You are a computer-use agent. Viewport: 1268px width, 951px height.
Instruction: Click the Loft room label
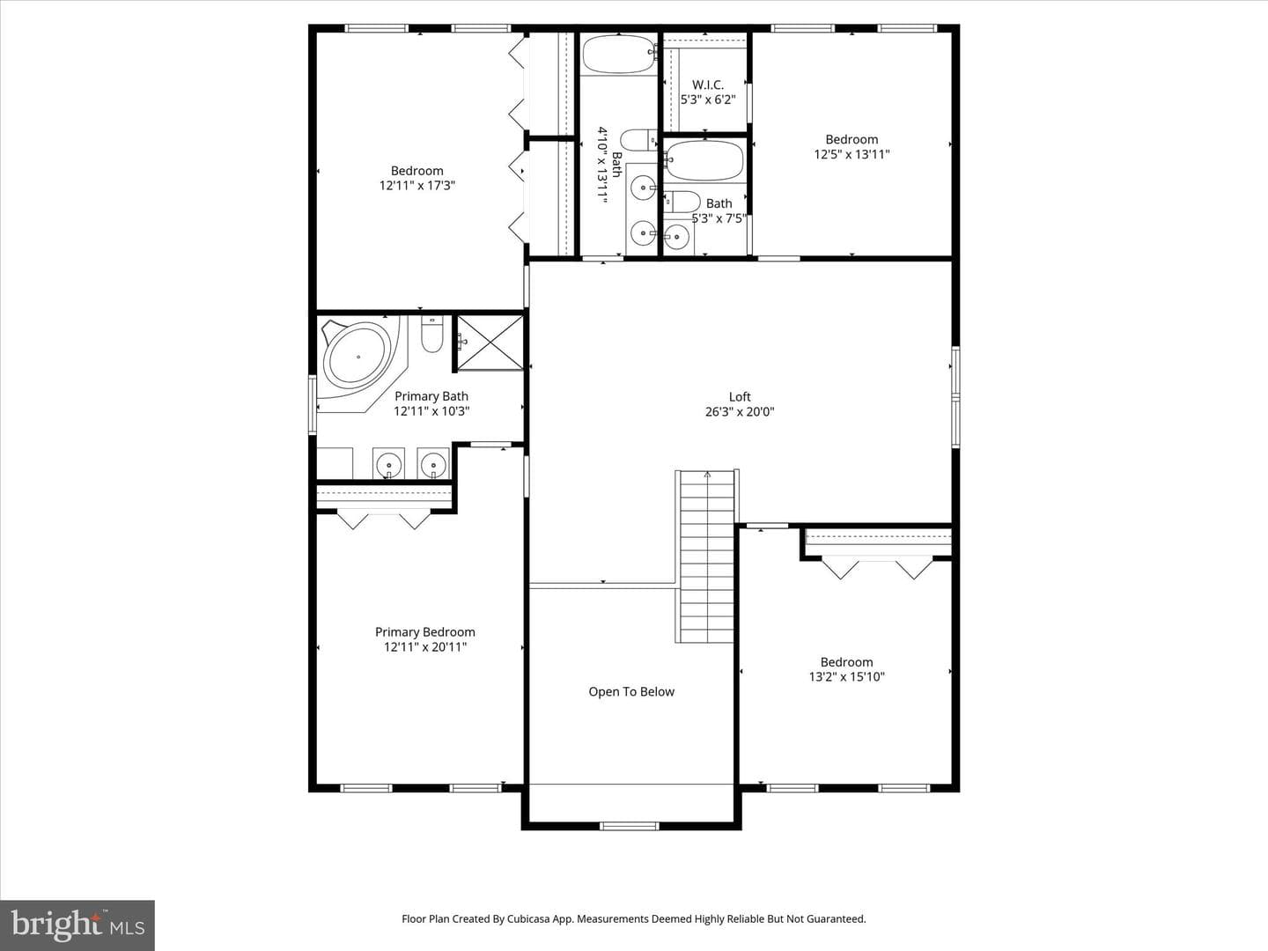(740, 396)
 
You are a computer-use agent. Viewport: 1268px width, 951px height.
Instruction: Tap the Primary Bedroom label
(425, 632)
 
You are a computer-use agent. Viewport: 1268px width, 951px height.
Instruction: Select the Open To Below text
(631, 692)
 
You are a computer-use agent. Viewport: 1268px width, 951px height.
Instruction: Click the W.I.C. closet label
(708, 85)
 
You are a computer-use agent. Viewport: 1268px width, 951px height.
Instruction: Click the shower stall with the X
(490, 343)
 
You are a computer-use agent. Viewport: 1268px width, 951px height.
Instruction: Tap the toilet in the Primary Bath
(431, 334)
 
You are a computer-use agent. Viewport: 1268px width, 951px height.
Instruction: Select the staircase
(707, 556)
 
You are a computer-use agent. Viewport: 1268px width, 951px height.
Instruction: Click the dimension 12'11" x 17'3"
(417, 185)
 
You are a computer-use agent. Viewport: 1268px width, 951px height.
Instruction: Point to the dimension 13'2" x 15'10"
(847, 677)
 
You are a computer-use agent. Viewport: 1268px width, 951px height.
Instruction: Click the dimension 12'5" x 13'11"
(852, 154)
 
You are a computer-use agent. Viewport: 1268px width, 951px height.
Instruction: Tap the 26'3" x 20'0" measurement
(740, 412)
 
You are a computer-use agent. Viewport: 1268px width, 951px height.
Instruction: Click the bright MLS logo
(77, 925)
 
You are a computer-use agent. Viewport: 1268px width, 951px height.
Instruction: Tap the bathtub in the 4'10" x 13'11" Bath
(619, 55)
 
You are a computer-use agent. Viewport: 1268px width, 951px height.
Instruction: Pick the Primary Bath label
(431, 396)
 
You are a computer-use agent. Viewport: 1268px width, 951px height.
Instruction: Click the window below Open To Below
(629, 826)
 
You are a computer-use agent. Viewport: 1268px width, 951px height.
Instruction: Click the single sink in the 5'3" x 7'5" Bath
(676, 236)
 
